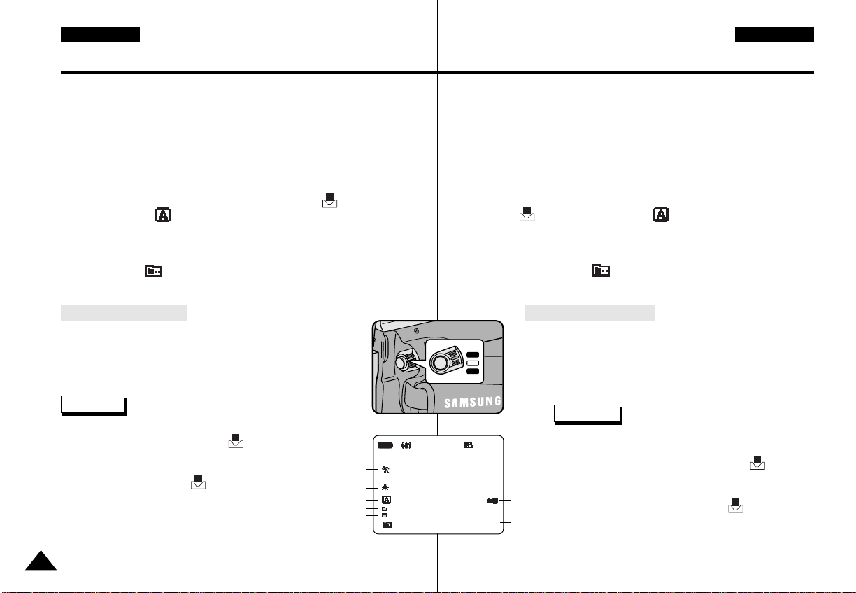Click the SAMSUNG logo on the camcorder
click(472, 402)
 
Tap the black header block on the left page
click(100, 34)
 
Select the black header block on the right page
click(774, 34)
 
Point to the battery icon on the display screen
click(385, 445)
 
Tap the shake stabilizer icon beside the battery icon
click(406, 445)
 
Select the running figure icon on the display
click(385, 469)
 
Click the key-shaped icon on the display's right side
click(493, 501)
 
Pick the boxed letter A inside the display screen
click(385, 501)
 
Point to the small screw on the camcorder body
click(416, 329)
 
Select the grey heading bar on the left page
click(124, 312)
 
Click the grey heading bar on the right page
click(590, 312)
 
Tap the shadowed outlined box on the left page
click(92, 405)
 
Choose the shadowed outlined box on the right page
click(587, 414)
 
